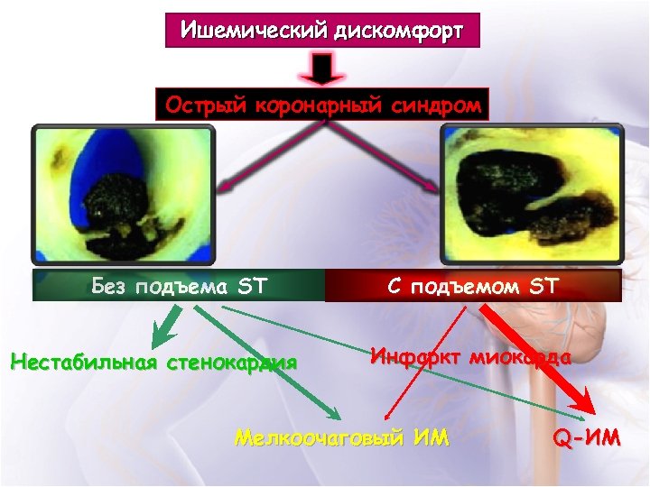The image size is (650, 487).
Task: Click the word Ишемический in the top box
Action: [x=255, y=32]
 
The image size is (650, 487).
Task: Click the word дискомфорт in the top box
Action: [x=398, y=32]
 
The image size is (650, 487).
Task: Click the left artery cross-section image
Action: [x=124, y=194]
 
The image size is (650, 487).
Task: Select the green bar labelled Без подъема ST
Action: [x=179, y=287]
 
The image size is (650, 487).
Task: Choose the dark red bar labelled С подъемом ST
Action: [x=473, y=287]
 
